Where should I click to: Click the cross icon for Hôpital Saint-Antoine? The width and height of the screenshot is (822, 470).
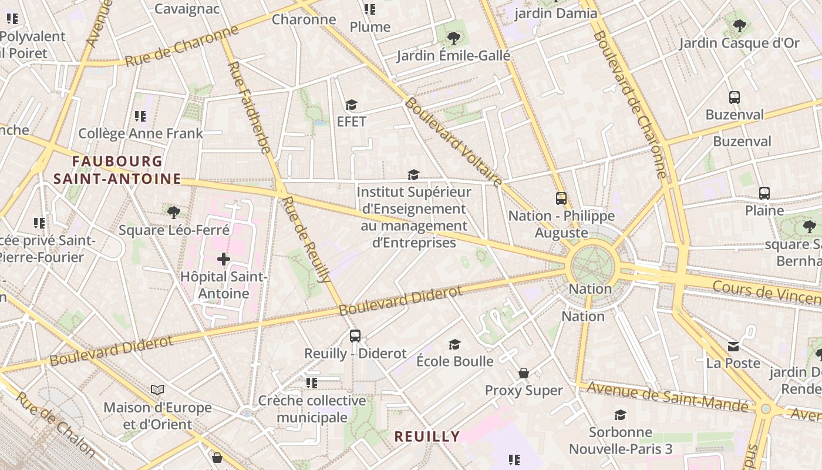click(x=223, y=258)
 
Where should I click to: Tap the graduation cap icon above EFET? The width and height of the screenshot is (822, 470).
click(x=351, y=105)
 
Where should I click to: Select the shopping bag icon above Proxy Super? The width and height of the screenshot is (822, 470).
click(x=523, y=373)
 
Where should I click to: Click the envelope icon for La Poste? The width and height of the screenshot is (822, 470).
click(x=733, y=346)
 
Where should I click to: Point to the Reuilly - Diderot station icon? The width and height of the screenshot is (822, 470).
click(x=355, y=336)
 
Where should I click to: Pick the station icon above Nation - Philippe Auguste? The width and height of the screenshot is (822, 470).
click(x=561, y=199)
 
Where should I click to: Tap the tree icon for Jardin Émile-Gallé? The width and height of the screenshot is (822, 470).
click(x=453, y=38)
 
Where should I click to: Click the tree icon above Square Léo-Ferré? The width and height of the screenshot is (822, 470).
click(x=173, y=212)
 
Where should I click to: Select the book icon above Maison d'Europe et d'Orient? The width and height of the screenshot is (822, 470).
click(x=157, y=390)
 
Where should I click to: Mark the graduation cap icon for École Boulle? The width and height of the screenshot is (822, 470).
click(x=454, y=344)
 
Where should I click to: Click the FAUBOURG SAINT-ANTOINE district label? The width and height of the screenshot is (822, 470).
click(x=117, y=170)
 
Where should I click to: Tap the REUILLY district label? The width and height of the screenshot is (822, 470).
click(x=427, y=437)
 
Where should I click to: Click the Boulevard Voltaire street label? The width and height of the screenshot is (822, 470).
click(x=453, y=142)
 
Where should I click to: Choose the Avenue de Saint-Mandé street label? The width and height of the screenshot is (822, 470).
click(x=668, y=397)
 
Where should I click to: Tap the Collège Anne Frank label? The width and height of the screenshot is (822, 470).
click(x=140, y=133)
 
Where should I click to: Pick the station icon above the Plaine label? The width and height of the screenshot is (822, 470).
click(x=764, y=193)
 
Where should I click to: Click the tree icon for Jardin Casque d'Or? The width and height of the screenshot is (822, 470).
click(x=740, y=26)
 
